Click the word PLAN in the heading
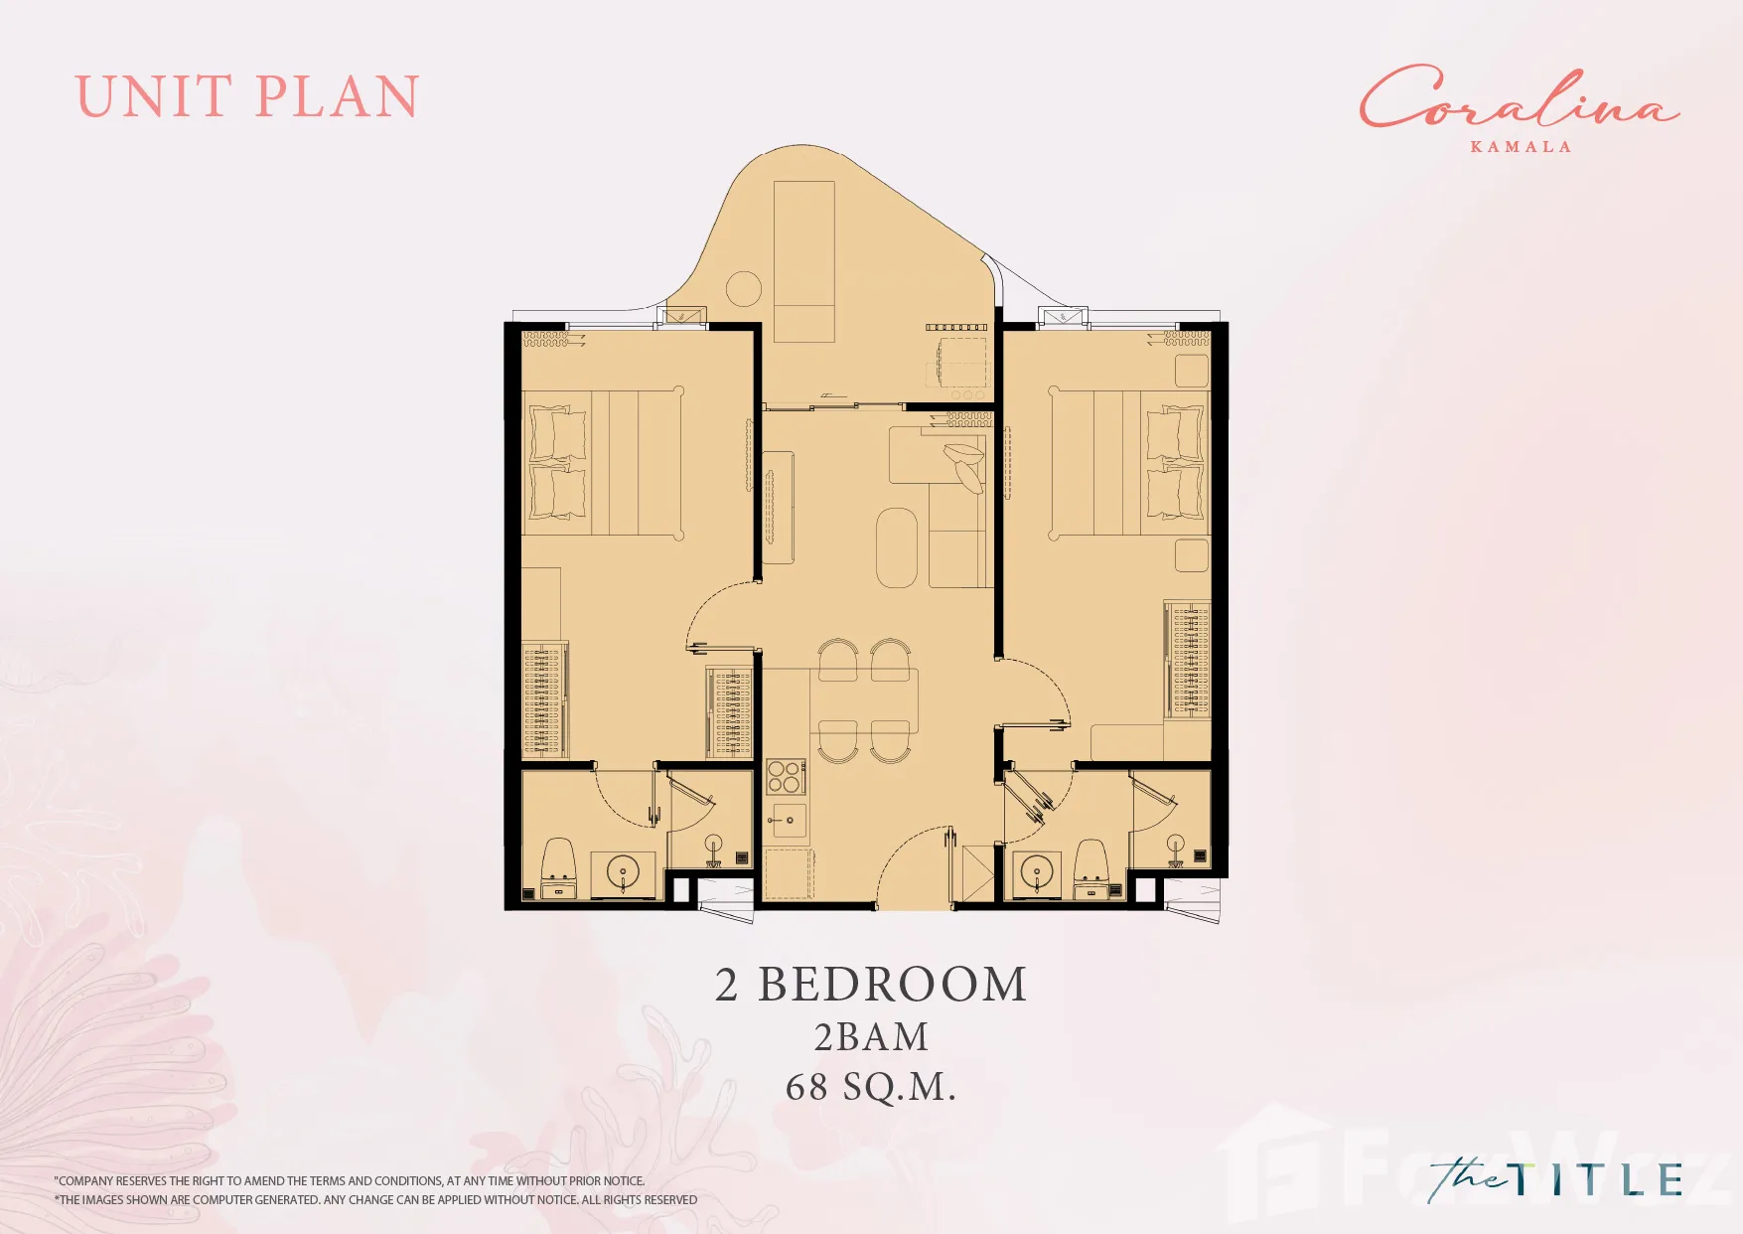pyautogui.click(x=338, y=97)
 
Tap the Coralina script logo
pyautogui.click(x=1519, y=97)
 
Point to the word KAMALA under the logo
pyautogui.click(x=1521, y=147)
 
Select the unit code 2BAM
pyautogui.click(x=871, y=1037)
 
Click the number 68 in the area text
pyautogui.click(x=806, y=1087)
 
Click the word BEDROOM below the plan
pyautogui.click(x=892, y=985)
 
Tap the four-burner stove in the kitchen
pyautogui.click(x=785, y=777)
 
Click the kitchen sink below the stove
pyautogui.click(x=789, y=821)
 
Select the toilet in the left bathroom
pyautogui.click(x=558, y=867)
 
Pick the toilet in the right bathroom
pyautogui.click(x=1091, y=868)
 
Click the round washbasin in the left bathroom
pyautogui.click(x=624, y=874)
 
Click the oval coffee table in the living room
pyautogui.click(x=897, y=547)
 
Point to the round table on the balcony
pyautogui.click(x=744, y=289)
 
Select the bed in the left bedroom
pyautogui.click(x=602, y=463)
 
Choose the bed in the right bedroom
pyautogui.click(x=1129, y=463)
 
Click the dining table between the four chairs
pyautogui.click(x=864, y=701)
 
